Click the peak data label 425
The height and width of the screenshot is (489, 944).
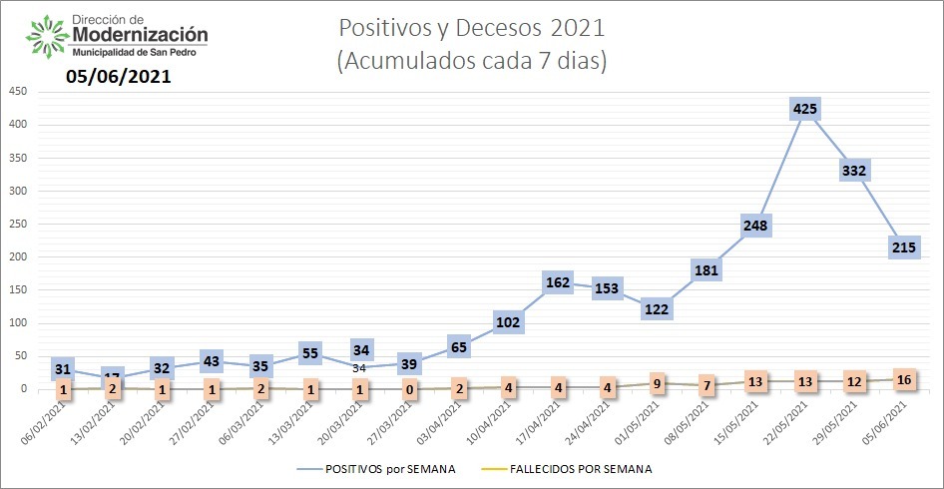click(804, 108)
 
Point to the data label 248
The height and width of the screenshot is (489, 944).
click(755, 226)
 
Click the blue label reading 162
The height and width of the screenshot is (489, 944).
click(558, 282)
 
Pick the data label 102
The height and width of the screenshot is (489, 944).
click(509, 322)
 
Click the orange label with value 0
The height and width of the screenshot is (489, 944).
click(410, 389)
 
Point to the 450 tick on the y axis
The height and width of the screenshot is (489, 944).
click(17, 92)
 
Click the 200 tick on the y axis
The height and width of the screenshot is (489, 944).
click(17, 257)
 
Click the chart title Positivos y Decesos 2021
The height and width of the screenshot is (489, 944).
click(471, 26)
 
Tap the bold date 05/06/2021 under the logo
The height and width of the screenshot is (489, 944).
click(119, 76)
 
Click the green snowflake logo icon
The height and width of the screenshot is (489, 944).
click(46, 37)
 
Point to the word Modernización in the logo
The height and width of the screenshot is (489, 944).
click(141, 35)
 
